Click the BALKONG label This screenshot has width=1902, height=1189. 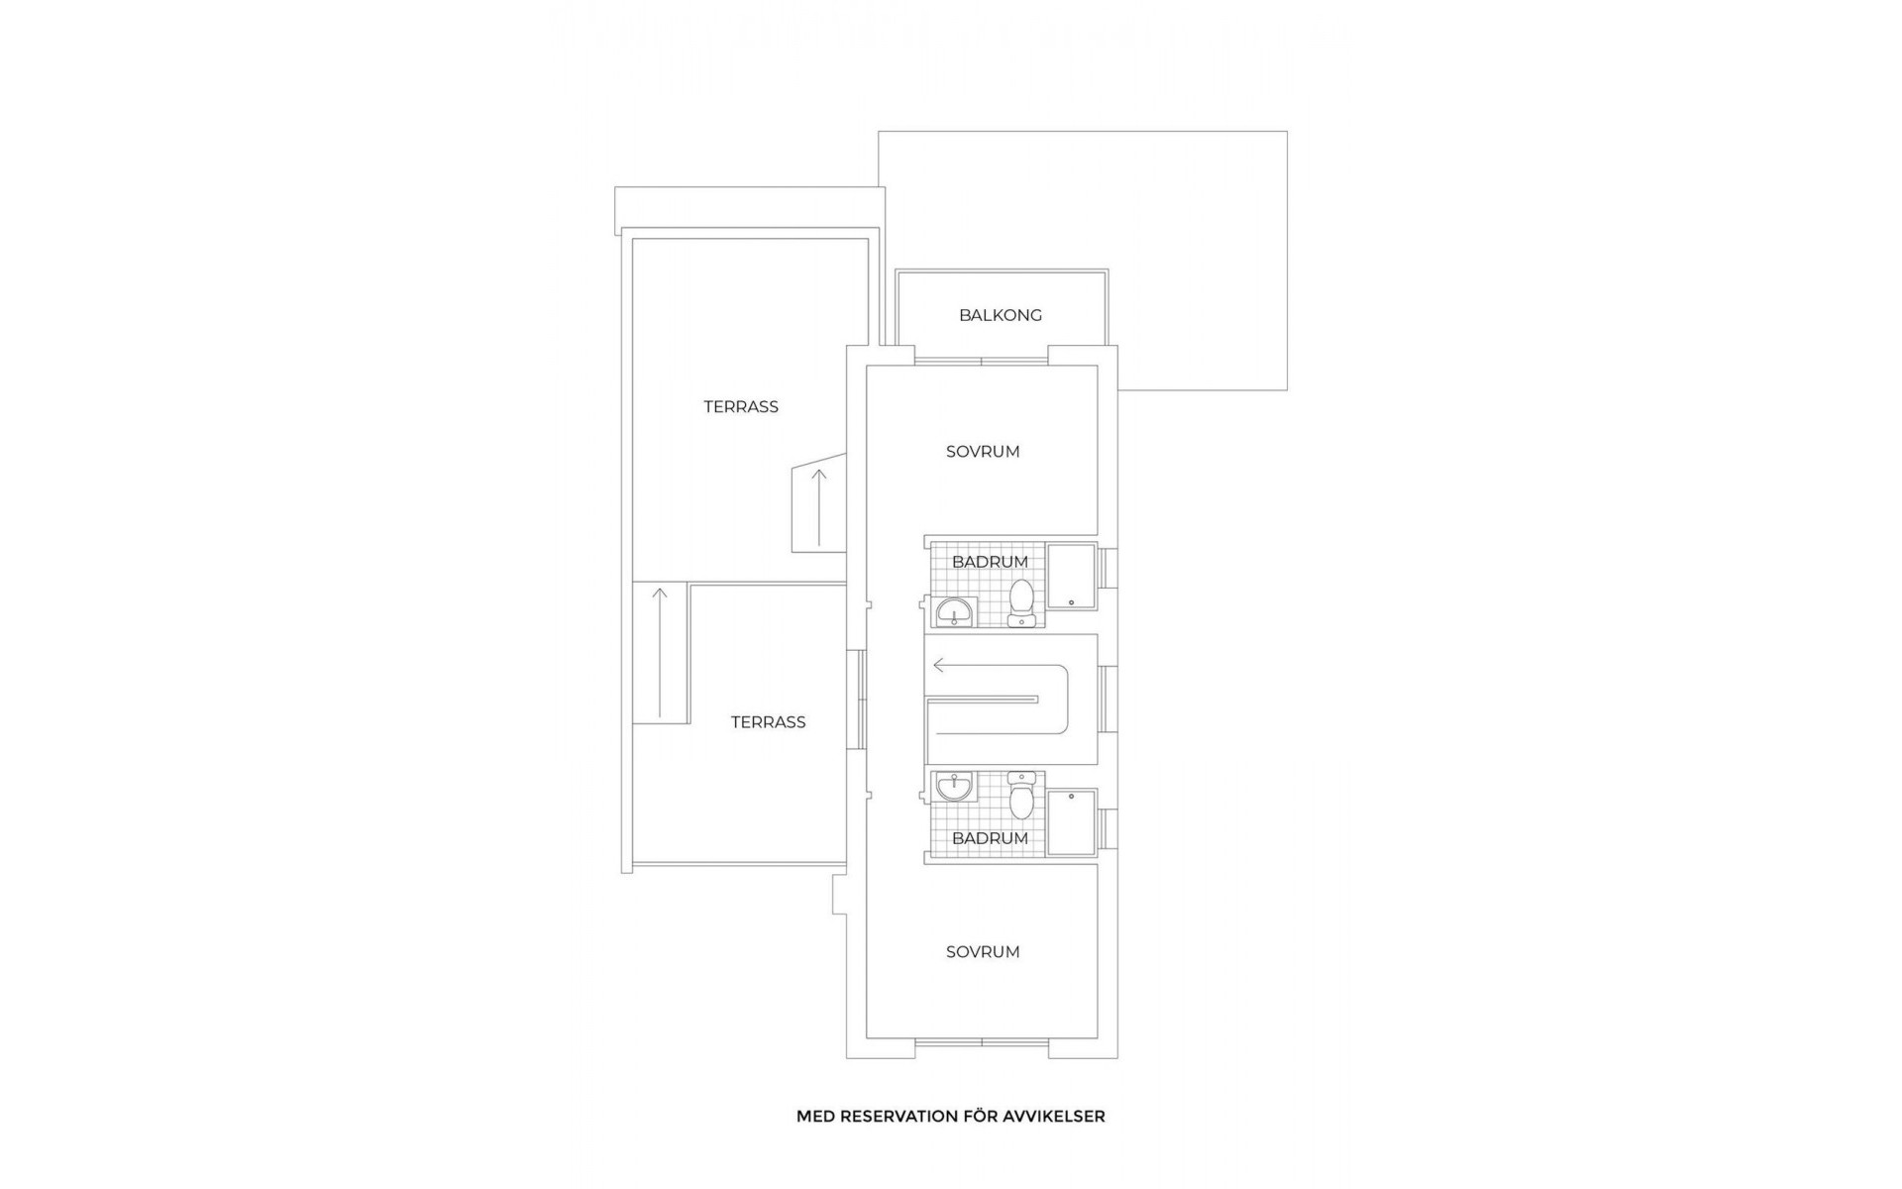tap(1000, 315)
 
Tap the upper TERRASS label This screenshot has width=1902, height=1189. tap(741, 406)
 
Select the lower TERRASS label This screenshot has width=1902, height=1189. tap(768, 722)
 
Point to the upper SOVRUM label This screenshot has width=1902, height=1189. tap(982, 452)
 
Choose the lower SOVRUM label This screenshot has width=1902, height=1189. tap(982, 952)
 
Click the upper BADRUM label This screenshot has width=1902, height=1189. tap(990, 562)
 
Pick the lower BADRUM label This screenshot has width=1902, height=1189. tap(990, 838)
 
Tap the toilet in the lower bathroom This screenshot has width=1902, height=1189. tap(1021, 797)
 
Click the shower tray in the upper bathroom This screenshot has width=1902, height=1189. tap(1072, 576)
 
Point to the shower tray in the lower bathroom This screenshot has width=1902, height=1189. tap(1072, 822)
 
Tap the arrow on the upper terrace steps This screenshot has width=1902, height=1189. tap(819, 505)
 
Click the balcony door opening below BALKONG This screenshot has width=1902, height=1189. tap(981, 361)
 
